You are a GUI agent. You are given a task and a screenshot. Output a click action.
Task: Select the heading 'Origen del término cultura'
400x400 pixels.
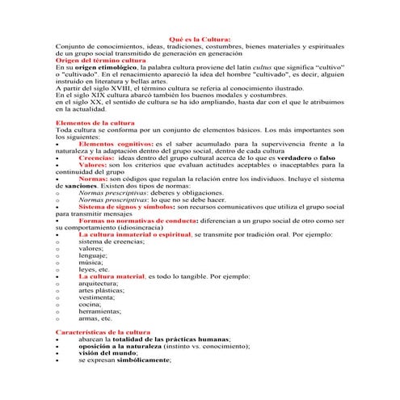point(99,61)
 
